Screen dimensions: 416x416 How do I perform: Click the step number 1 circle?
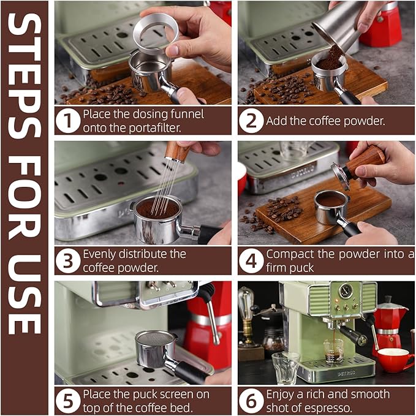(68, 120)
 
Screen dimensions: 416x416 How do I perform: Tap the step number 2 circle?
(251, 120)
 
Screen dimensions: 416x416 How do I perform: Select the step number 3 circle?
(68, 260)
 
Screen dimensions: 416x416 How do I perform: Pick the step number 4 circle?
(251, 260)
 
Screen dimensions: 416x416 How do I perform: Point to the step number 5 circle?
(68, 400)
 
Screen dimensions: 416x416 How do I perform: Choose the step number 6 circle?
(251, 400)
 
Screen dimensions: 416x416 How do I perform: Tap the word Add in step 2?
(276, 121)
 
